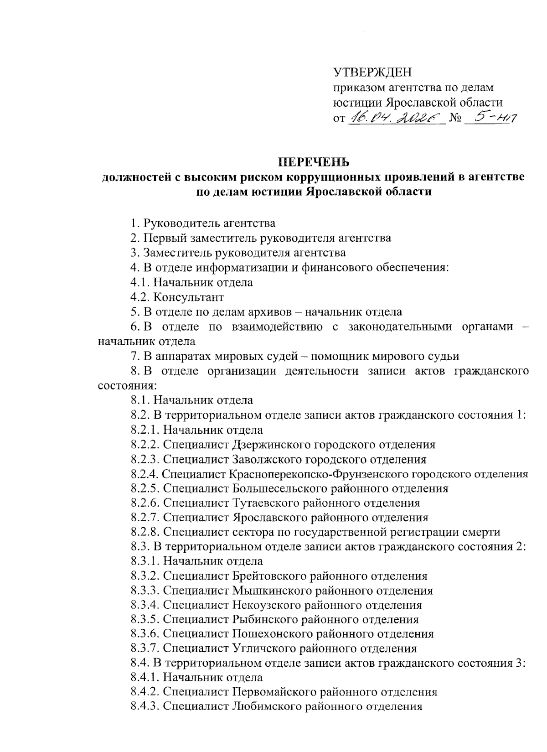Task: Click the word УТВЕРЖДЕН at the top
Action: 372,73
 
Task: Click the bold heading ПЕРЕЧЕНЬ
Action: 314,162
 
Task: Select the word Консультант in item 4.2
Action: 188,297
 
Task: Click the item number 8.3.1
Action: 145,561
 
